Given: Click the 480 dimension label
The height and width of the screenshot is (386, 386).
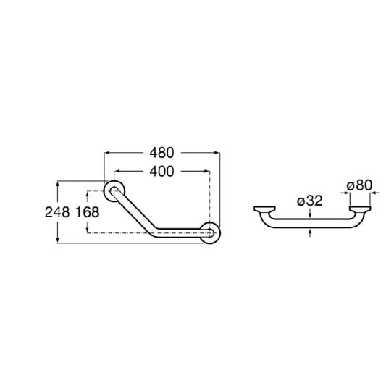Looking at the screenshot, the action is pyautogui.click(x=161, y=153).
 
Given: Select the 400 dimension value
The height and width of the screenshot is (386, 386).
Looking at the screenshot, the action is pyautogui.click(x=161, y=172).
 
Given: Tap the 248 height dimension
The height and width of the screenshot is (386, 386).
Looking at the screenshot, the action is pyautogui.click(x=57, y=212).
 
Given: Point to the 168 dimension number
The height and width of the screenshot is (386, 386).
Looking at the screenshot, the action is pyautogui.click(x=87, y=212).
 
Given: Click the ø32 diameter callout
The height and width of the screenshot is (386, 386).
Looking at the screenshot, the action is pyautogui.click(x=309, y=201).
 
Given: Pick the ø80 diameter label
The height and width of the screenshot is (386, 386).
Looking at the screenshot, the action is pyautogui.click(x=359, y=185).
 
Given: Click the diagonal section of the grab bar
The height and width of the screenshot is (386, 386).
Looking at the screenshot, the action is pyautogui.click(x=134, y=211).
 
